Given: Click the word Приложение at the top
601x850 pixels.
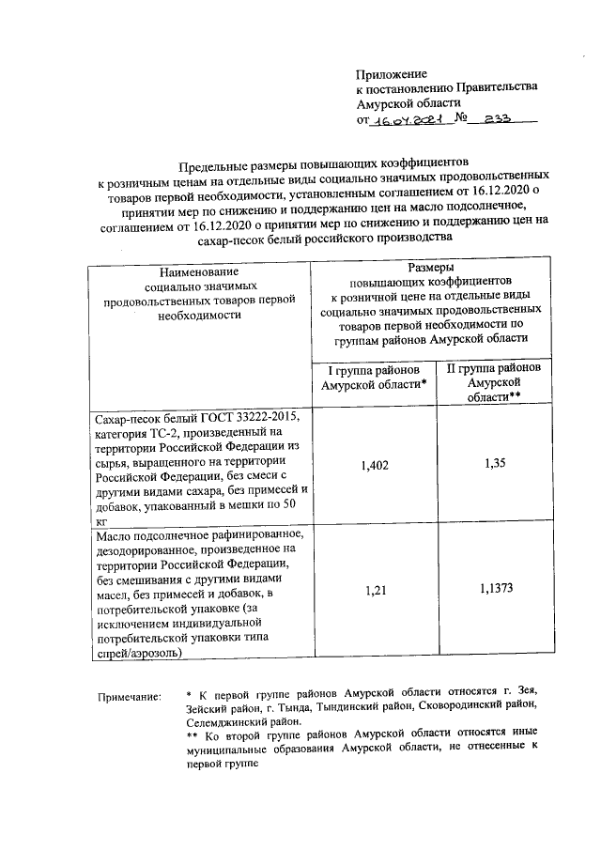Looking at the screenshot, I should (x=392, y=73).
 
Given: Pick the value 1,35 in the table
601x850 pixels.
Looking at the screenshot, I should (x=494, y=463).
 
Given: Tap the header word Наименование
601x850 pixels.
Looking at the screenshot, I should (x=199, y=272).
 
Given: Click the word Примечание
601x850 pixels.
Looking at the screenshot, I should (x=130, y=697).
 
